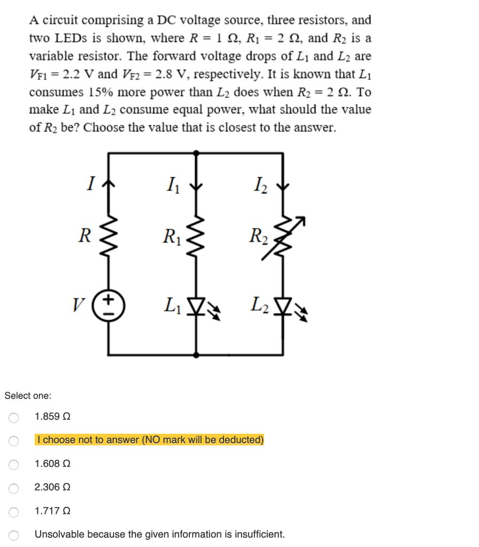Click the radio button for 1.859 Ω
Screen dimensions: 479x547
click(x=14, y=417)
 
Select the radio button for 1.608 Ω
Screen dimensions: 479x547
click(x=14, y=465)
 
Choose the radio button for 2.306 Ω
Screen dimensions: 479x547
click(x=14, y=488)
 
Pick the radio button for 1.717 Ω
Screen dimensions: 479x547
click(x=14, y=512)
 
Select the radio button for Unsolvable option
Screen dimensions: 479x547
click(x=14, y=535)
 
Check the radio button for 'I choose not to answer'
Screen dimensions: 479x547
click(x=14, y=441)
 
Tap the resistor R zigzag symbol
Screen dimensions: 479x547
click(x=109, y=235)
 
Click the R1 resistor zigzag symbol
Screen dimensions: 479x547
click(x=197, y=235)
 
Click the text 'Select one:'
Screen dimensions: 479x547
click(x=28, y=396)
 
